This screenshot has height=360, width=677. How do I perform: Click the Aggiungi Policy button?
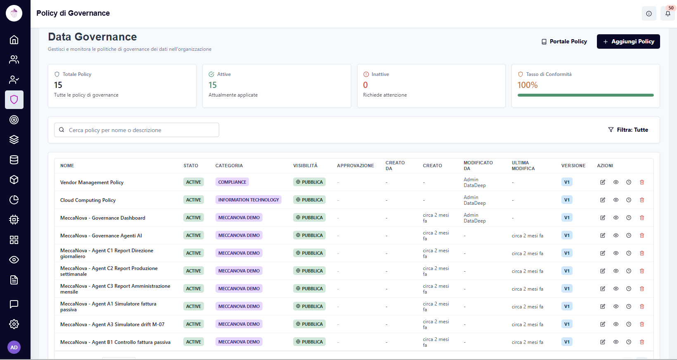(628, 41)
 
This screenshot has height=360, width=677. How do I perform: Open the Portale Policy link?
(564, 41)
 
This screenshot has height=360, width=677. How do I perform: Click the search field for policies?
(137, 130)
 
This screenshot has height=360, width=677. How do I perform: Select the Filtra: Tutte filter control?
(628, 130)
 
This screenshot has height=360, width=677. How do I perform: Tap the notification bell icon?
(668, 14)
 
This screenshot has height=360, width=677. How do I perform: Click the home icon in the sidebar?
(14, 40)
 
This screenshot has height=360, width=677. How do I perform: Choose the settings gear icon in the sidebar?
(14, 324)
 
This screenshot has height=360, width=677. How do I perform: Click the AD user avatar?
(14, 347)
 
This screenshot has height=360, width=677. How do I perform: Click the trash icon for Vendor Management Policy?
(642, 182)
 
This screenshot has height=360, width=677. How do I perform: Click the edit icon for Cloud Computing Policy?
(603, 200)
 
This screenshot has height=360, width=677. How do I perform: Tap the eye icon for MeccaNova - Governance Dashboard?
(616, 218)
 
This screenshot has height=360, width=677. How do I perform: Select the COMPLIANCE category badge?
(232, 182)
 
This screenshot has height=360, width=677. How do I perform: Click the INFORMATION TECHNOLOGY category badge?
(249, 200)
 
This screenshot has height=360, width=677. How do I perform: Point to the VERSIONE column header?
(573, 166)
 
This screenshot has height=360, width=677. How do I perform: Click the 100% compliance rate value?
(528, 85)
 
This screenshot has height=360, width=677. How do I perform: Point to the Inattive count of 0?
(365, 85)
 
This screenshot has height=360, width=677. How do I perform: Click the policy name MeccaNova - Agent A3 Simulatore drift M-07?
(112, 324)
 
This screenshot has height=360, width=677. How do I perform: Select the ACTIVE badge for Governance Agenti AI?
(194, 235)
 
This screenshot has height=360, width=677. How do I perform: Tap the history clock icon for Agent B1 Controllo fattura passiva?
(629, 342)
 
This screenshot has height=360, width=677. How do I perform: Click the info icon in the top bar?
(649, 14)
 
